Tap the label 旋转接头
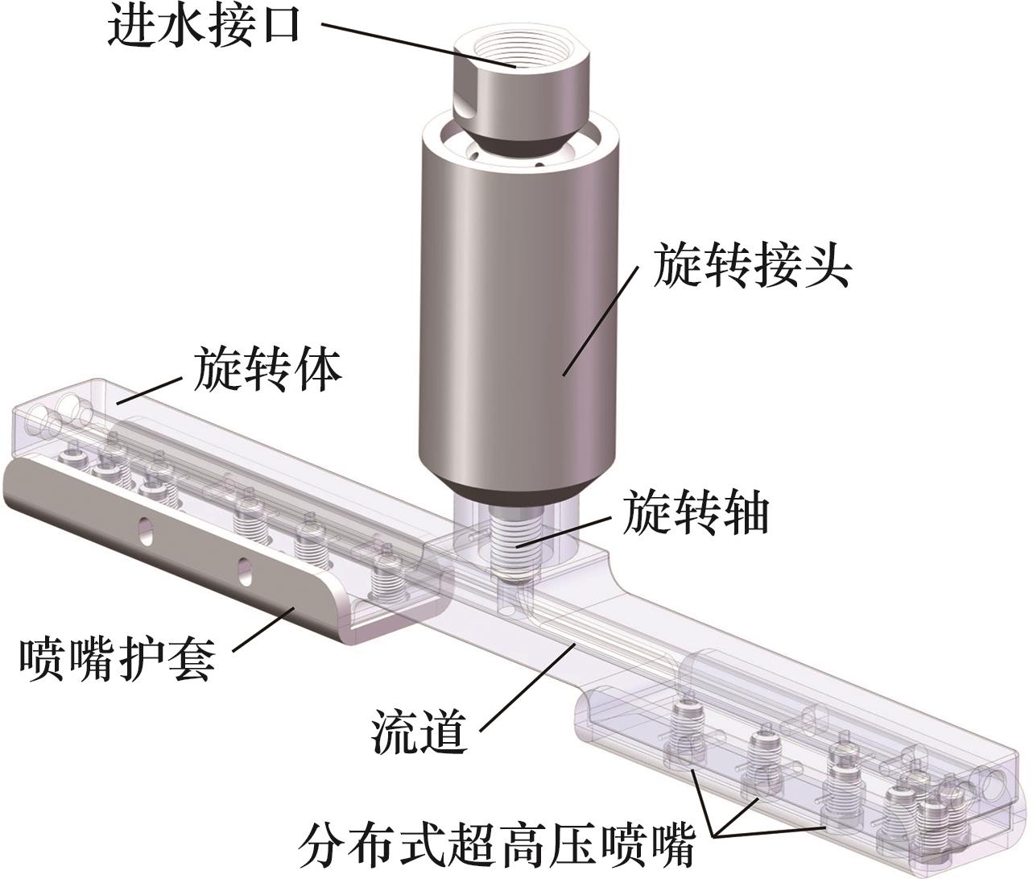(752, 266)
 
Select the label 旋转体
(268, 370)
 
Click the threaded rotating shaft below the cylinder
(516, 550)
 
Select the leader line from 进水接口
(419, 45)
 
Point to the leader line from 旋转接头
(601, 321)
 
